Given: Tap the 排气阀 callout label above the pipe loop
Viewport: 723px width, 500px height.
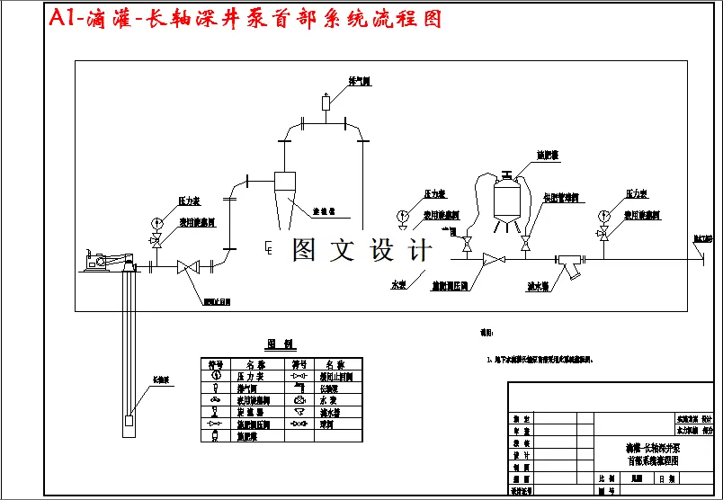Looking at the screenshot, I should (360, 82).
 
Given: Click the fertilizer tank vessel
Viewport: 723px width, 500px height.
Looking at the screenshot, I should (508, 194).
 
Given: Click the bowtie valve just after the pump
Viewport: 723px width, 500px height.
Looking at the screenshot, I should (187, 266).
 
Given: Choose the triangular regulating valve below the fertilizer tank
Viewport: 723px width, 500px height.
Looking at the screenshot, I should (493, 261).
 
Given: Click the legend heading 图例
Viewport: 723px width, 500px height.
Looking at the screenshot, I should (281, 344).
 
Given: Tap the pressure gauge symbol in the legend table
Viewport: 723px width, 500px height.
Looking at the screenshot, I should (215, 377).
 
